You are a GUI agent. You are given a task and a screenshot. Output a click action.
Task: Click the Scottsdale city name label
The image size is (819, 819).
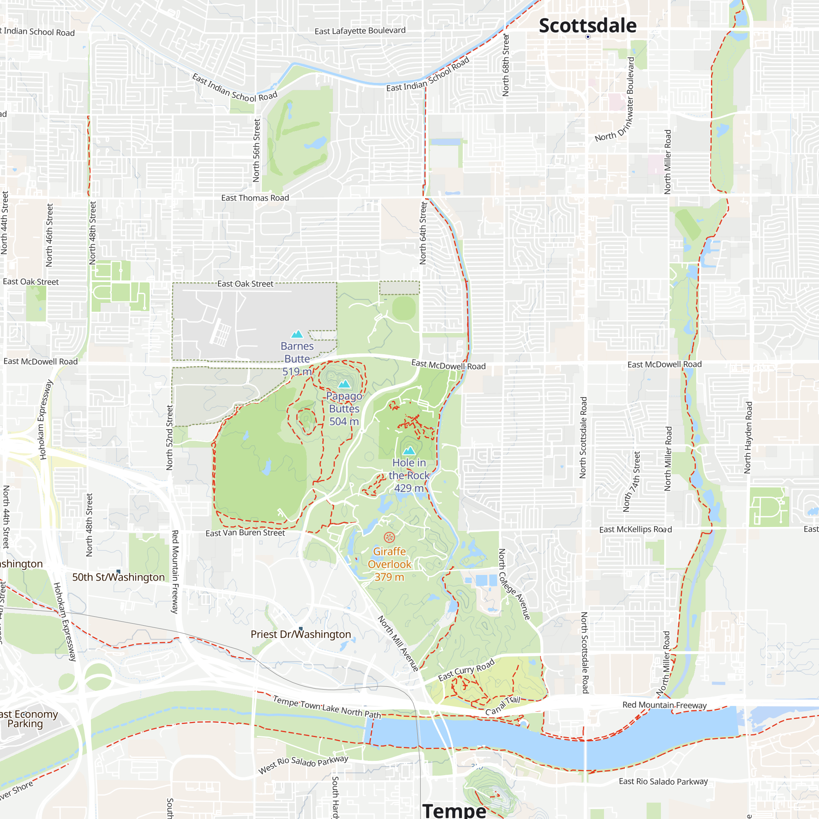(587, 25)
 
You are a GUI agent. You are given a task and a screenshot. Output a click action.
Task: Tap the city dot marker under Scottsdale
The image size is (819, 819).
(588, 37)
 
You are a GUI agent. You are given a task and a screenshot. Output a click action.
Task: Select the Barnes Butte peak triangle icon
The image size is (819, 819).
(297, 334)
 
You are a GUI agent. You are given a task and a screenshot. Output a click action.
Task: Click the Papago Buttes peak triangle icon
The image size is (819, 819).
(344, 384)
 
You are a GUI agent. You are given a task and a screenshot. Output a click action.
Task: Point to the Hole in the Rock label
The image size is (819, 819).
(409, 475)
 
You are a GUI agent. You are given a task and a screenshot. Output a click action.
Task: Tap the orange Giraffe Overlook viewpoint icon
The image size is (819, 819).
(389, 538)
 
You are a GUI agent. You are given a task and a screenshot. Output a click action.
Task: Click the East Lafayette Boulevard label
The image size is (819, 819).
(360, 31)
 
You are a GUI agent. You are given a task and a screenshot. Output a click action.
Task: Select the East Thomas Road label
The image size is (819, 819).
(255, 198)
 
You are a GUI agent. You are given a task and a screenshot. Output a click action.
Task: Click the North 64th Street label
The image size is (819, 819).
(423, 233)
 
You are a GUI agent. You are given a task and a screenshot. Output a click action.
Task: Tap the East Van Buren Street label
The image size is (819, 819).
(245, 533)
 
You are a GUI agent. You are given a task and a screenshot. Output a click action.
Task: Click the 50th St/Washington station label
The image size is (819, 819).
(118, 577)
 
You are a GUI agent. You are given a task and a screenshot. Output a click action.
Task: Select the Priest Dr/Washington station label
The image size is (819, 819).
(301, 634)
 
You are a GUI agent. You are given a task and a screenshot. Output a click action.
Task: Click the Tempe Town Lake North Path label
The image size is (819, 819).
(326, 707)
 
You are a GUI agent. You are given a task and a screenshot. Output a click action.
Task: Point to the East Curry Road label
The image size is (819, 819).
(466, 670)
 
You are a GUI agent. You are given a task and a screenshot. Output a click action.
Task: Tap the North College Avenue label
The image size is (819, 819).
(514, 584)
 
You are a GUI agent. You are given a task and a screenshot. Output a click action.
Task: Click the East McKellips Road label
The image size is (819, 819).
(635, 529)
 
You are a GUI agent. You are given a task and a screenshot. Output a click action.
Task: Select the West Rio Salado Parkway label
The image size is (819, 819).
(303, 764)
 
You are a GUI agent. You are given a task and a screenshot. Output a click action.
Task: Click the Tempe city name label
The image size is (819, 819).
(454, 810)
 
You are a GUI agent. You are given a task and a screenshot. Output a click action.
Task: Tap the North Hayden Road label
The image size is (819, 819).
(748, 437)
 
